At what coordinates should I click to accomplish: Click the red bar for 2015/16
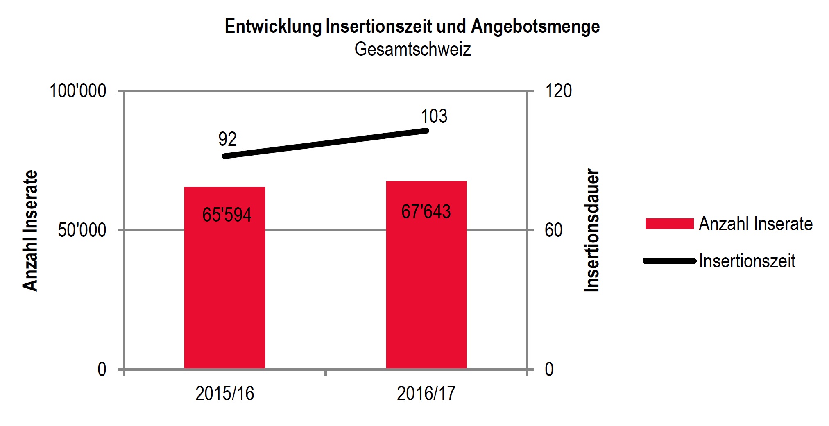click(224, 287)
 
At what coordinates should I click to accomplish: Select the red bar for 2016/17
click(426, 287)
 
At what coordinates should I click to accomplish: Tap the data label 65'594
click(227, 215)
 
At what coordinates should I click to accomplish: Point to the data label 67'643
click(426, 211)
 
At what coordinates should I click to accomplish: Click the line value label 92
click(227, 139)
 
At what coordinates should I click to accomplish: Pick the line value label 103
click(434, 116)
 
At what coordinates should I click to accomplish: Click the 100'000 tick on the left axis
click(78, 91)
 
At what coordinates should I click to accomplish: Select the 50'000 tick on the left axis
click(82, 230)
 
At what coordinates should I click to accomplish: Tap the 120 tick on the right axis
click(558, 91)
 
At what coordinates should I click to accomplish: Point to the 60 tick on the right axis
click(553, 230)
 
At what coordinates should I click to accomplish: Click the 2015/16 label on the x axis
click(224, 393)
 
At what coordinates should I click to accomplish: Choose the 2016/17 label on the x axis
click(426, 393)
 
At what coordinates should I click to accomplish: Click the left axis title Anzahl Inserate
click(30, 230)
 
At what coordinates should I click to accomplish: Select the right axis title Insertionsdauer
click(591, 230)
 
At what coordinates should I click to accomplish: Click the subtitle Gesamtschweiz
click(412, 49)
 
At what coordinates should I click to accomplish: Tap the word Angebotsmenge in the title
click(535, 26)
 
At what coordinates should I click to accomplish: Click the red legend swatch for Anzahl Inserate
click(669, 224)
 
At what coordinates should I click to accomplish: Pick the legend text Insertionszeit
click(747, 261)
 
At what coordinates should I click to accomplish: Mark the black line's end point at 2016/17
click(426, 131)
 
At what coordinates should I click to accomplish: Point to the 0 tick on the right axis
click(549, 369)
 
